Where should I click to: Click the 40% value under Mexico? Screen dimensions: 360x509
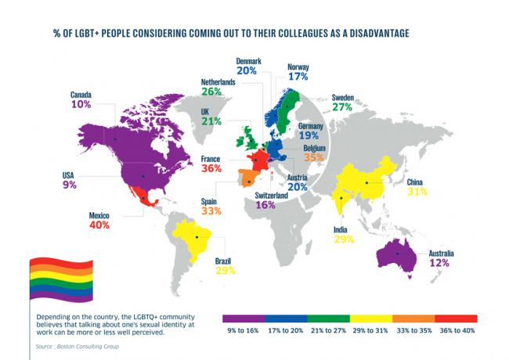click(x=99, y=225)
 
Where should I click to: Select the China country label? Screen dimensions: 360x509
click(x=418, y=182)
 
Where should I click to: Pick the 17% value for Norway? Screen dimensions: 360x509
click(x=298, y=77)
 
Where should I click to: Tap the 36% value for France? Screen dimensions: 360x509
click(x=210, y=167)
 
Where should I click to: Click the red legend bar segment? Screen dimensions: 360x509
click(x=454, y=319)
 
